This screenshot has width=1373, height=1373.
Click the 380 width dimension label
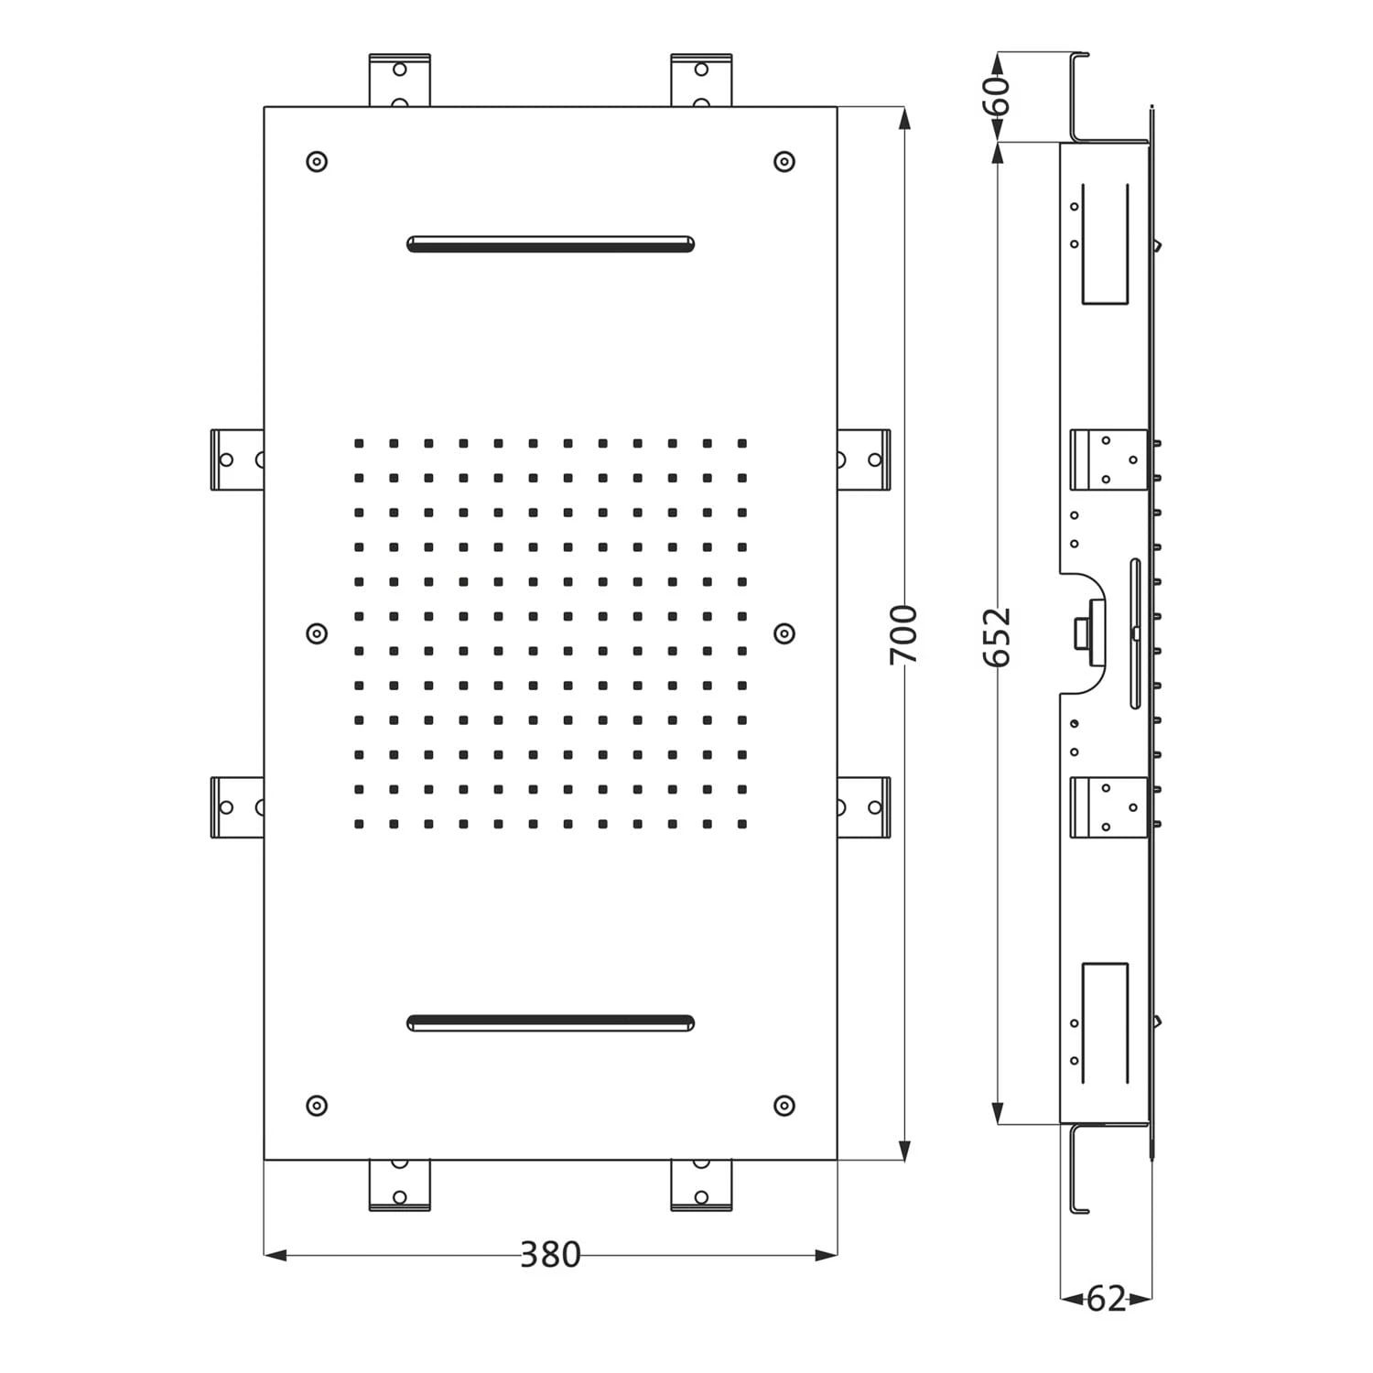tap(550, 1254)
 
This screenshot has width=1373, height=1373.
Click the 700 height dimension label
tap(903, 634)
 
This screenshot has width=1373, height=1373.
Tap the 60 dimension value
tap(1000, 95)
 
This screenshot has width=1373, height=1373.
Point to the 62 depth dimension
tap(1106, 1298)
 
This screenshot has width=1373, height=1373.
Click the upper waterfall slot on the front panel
tap(550, 243)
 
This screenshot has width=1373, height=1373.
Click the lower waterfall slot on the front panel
tap(550, 1022)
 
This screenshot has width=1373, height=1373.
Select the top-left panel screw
tap(317, 162)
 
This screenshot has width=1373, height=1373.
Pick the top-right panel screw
tap(784, 162)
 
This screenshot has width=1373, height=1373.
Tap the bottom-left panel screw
tap(317, 1105)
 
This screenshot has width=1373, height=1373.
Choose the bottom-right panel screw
tap(784, 1105)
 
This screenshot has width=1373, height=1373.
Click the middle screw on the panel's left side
tap(317, 633)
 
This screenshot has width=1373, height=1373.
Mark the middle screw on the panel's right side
tap(784, 633)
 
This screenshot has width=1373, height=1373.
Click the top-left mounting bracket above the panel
tap(399, 81)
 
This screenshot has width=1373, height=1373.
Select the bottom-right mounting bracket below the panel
tap(701, 1185)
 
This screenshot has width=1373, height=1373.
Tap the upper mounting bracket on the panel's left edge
tap(237, 459)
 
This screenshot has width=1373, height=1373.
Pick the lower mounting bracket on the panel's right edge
tap(863, 807)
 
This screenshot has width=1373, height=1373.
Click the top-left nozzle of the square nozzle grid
tap(360, 444)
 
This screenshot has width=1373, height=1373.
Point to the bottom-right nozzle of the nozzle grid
tap(742, 824)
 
